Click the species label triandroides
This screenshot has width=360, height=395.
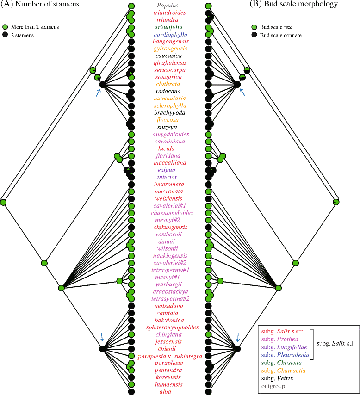click(168, 13)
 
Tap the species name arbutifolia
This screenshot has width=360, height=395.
click(169, 27)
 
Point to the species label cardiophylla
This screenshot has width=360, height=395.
click(169, 35)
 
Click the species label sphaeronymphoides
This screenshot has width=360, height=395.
click(169, 327)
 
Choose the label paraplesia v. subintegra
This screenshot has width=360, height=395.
click(169, 356)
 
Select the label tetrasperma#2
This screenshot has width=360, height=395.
click(169, 299)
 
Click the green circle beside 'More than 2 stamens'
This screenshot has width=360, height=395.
click(6, 27)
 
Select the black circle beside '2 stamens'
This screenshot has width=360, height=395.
click(6, 34)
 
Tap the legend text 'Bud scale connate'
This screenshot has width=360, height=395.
click(283, 35)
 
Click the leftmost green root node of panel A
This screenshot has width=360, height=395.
click(3, 202)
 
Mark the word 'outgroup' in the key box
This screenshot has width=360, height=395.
click(273, 386)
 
